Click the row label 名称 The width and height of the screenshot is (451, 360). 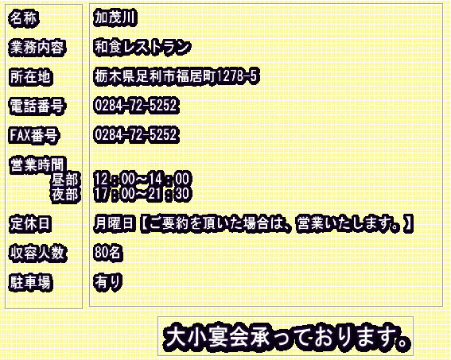point(24,18)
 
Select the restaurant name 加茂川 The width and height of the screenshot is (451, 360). point(115,18)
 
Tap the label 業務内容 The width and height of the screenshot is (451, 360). point(37,48)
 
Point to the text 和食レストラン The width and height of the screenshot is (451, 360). point(142,47)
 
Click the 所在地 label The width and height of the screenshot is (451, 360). point(30,77)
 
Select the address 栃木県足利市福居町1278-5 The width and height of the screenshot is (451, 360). point(176,75)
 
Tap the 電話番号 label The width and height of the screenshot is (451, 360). point(37,106)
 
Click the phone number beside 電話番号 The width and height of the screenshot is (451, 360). point(136,105)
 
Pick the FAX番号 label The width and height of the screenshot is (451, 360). point(33,136)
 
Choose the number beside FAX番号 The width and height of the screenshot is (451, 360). point(136,134)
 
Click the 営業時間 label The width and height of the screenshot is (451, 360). point(37,165)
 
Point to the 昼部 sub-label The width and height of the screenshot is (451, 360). point(65,180)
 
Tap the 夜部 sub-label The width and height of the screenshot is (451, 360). point(65,195)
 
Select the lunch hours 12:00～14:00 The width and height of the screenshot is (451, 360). point(142,179)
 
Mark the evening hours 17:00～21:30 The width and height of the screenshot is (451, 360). point(142,193)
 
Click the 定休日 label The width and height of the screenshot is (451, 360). point(30,223)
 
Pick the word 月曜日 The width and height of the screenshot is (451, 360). point(115,223)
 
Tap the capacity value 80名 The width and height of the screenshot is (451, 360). point(107,252)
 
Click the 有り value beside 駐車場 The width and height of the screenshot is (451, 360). point(108,281)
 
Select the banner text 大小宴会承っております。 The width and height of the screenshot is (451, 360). point(286,337)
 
